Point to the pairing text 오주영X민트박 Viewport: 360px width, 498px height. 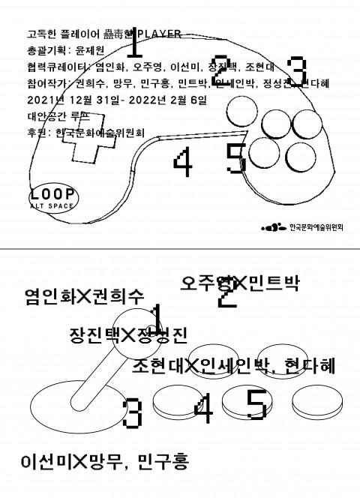click(x=239, y=283)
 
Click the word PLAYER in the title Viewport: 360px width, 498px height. click(x=160, y=33)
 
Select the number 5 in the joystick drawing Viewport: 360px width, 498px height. click(x=255, y=406)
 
